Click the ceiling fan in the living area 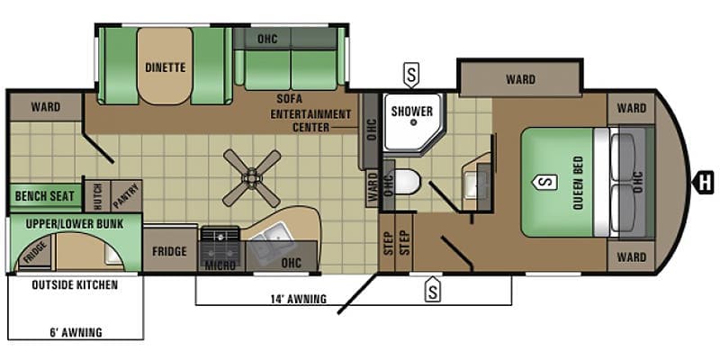(x=252, y=178)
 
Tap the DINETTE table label (x=166, y=67)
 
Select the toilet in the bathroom (x=408, y=182)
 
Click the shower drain (x=413, y=122)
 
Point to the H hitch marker (x=704, y=182)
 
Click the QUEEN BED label (x=578, y=183)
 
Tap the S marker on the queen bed (x=545, y=182)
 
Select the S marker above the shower (x=411, y=76)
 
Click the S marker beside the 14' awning (x=432, y=288)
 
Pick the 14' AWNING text (x=298, y=299)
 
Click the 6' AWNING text (x=76, y=331)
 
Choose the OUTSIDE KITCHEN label (x=75, y=284)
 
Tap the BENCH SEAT (x=44, y=196)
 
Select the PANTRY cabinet (x=126, y=195)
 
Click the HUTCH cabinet (x=98, y=195)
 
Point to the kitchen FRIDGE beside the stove (x=170, y=251)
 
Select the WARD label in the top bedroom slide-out (x=521, y=79)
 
